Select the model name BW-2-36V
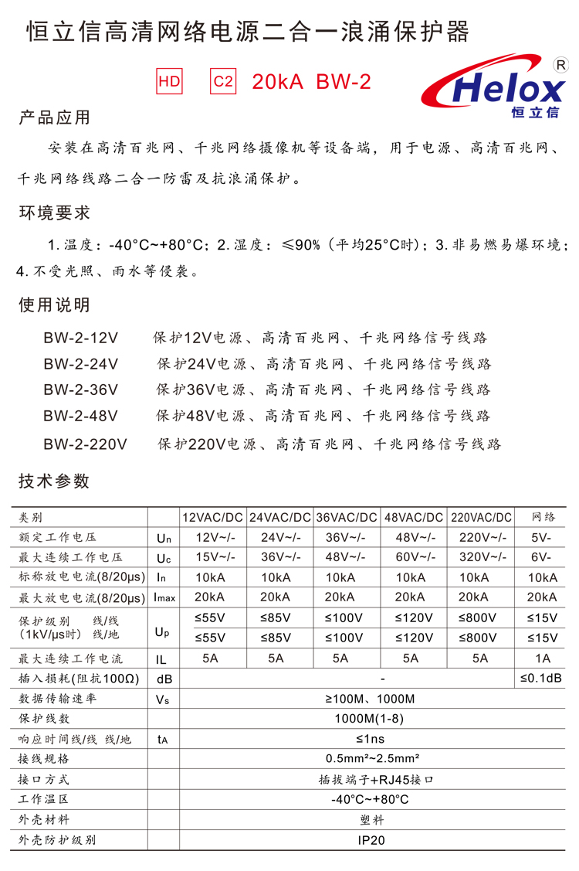(x=80, y=390)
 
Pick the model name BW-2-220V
(x=85, y=444)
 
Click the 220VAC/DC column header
(x=481, y=517)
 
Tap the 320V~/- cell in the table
(x=481, y=557)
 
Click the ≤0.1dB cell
(x=542, y=679)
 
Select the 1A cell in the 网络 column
(x=543, y=658)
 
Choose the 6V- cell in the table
(x=542, y=557)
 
